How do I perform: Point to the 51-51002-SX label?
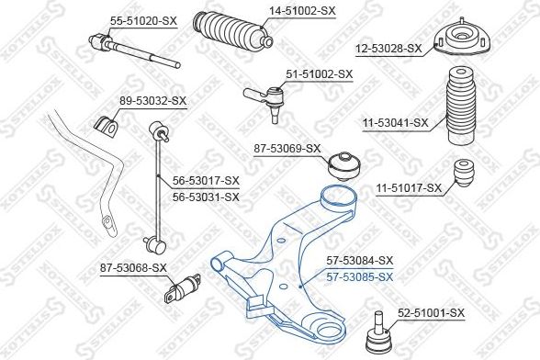coord(320,73)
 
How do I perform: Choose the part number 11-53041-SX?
coord(396,120)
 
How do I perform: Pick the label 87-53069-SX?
coord(288,148)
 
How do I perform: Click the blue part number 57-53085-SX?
coord(360,276)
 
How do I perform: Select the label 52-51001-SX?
coord(432,313)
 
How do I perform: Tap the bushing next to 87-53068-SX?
coord(180,287)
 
